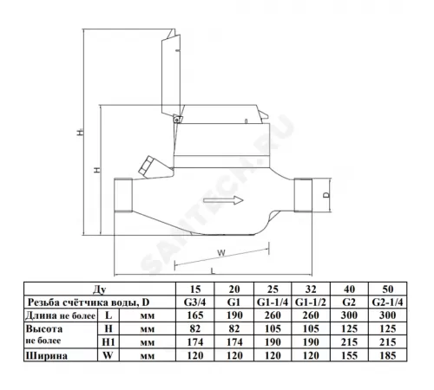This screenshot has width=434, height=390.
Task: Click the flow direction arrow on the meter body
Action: (x=223, y=200)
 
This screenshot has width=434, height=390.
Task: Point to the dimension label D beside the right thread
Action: (x=326, y=195)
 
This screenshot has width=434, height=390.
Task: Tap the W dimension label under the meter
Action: (x=221, y=253)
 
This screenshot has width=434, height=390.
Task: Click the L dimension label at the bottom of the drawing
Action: (x=213, y=271)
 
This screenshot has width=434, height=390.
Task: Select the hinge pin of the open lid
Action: (x=176, y=119)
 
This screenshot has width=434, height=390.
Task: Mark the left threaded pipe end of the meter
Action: (x=123, y=195)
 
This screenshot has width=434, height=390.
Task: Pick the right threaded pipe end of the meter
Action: (x=303, y=195)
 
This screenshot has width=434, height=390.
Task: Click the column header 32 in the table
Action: (x=311, y=289)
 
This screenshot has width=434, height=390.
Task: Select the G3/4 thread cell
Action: (x=195, y=302)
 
